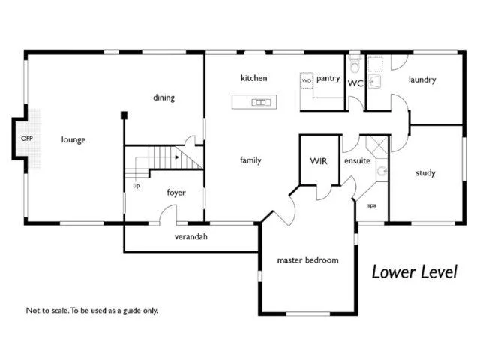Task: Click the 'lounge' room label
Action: pyautogui.click(x=73, y=139)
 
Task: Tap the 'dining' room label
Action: pyautogui.click(x=163, y=97)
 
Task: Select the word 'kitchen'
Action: pyautogui.click(x=253, y=78)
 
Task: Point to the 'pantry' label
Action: pyautogui.click(x=328, y=78)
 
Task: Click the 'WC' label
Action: pyautogui.click(x=355, y=84)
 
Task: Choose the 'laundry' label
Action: pyautogui.click(x=422, y=79)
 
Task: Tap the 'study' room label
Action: pyautogui.click(x=425, y=173)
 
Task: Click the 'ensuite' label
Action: pyautogui.click(x=357, y=160)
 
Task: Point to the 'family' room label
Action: pyautogui.click(x=250, y=160)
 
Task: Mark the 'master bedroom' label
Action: pyautogui.click(x=307, y=260)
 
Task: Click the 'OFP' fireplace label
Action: pyautogui.click(x=27, y=139)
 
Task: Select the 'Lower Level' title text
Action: pyautogui.click(x=414, y=271)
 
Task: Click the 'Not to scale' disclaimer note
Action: pyautogui.click(x=92, y=310)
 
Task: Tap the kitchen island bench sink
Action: pyautogui.click(x=260, y=101)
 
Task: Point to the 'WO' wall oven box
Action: pyautogui.click(x=307, y=79)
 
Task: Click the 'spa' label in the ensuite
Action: pyautogui.click(x=371, y=205)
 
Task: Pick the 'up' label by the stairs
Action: pyautogui.click(x=136, y=185)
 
